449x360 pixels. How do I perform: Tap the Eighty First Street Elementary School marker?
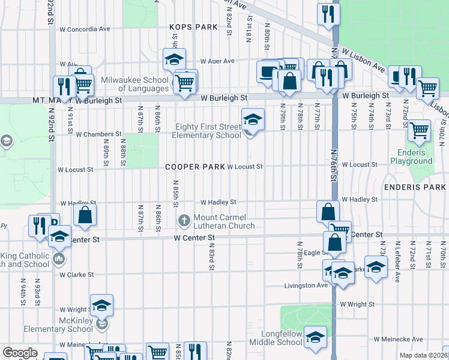click(253, 119)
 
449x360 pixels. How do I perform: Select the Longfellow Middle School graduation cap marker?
click(315, 337)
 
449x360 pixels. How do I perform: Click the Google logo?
click(20, 352)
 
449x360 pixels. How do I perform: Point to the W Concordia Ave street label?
click(85, 29)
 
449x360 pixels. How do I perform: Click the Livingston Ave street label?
click(306, 286)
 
